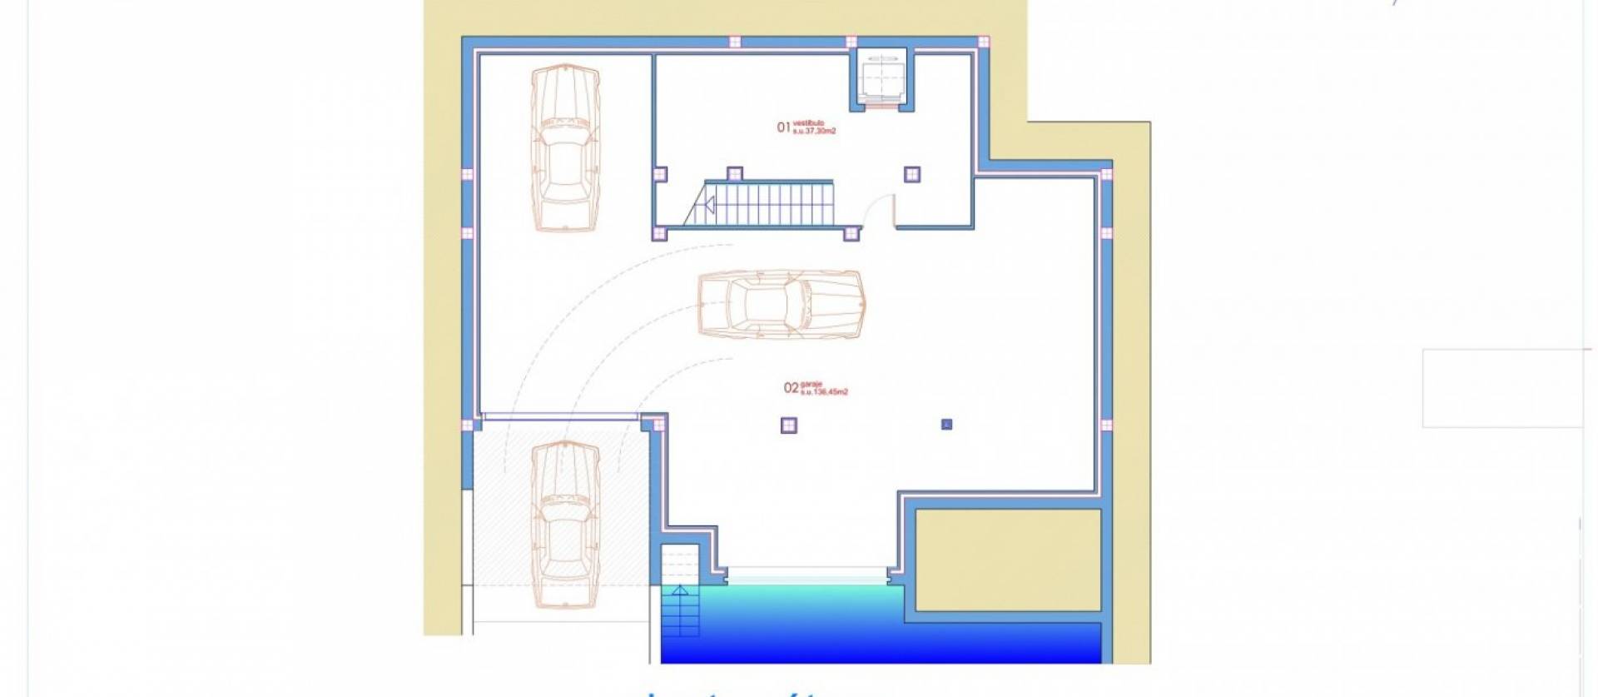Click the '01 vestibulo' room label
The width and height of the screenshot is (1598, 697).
coord(806,127)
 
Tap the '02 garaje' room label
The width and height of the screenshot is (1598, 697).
coord(815,388)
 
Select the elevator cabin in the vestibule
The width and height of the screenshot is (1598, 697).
coord(881,78)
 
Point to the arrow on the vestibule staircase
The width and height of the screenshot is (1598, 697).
coord(709,205)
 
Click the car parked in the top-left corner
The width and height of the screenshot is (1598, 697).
coord(565,148)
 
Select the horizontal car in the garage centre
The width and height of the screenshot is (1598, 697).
coord(781,303)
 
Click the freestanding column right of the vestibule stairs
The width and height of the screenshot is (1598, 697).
coord(912,174)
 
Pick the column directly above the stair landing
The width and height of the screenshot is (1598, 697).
coord(734,173)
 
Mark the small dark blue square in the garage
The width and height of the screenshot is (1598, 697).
coord(946,424)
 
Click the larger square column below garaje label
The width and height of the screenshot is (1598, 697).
coord(788,426)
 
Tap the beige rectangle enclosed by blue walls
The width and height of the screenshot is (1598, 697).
coord(1007,560)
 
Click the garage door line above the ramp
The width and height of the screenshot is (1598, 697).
coord(561,416)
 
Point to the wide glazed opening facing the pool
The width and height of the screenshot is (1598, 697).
coord(806,575)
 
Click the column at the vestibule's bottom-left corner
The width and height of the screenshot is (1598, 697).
coord(659,233)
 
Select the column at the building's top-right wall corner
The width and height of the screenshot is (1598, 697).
coord(1106,175)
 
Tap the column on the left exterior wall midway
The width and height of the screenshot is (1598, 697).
coord(467,175)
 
